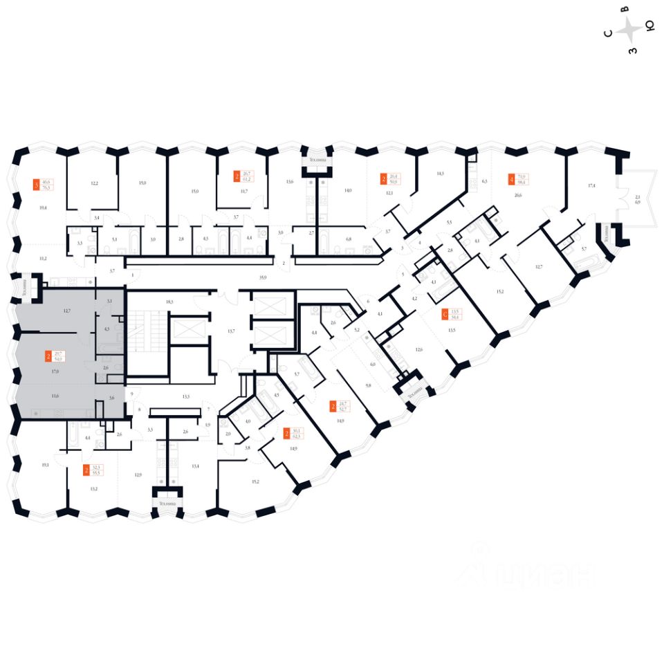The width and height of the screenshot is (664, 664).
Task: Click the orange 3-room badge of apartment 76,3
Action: click(37, 185)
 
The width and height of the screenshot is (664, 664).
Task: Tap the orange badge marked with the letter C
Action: click(445, 315)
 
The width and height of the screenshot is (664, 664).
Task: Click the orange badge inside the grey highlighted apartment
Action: click(48, 357)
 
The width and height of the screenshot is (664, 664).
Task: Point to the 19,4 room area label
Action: click(43, 207)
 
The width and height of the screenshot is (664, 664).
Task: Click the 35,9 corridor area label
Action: click(262, 277)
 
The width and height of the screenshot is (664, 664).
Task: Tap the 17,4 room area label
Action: click(592, 186)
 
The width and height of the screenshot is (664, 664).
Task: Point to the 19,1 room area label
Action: click(46, 465)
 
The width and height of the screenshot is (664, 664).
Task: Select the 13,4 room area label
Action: click(196, 465)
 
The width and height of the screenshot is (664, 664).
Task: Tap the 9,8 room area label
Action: click(369, 385)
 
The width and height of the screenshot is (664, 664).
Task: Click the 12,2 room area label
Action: click(95, 183)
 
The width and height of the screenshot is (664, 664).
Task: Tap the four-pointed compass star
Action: click(630, 30)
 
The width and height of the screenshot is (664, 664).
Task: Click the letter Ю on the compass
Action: click(650, 26)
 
